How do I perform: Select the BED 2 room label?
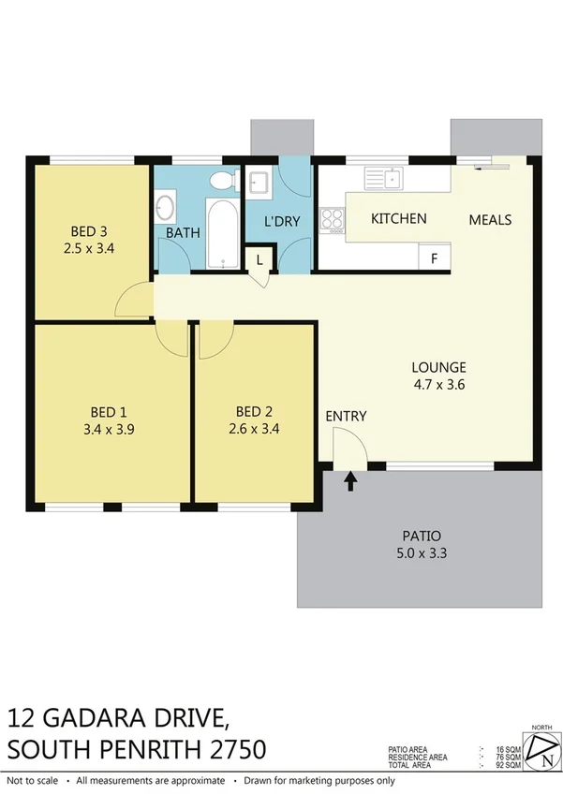254,411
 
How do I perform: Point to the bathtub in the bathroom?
222,232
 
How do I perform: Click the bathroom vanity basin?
165,205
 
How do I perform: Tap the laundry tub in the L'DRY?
259,182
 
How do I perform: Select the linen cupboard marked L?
259,258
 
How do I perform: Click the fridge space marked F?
435,258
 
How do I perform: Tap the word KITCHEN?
399,219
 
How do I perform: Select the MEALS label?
490,220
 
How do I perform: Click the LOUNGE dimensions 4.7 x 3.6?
438,384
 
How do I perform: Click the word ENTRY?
346,417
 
